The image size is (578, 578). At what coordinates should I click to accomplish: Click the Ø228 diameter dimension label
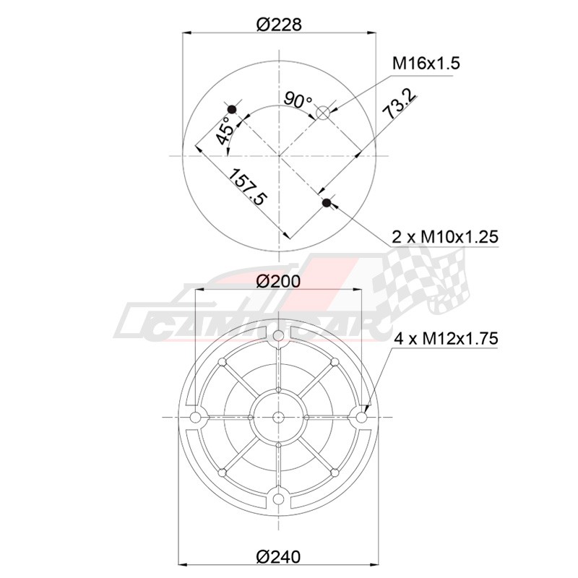point(279,23)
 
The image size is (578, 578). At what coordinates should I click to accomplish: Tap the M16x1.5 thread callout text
point(426,64)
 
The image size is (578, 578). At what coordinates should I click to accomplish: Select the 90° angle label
point(297,100)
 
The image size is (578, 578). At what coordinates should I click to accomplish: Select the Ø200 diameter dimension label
point(279,280)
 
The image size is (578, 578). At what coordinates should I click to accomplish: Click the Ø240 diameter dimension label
point(279,556)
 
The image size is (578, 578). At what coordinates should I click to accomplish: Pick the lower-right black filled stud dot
point(327,203)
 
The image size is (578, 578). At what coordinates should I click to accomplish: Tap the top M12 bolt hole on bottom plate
point(279,336)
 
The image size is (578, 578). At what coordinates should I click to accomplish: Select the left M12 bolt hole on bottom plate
point(195,418)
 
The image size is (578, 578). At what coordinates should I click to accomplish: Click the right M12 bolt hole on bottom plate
point(363,418)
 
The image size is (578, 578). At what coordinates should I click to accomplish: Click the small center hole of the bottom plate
point(279,418)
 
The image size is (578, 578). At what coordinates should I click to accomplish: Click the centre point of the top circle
point(279,155)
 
